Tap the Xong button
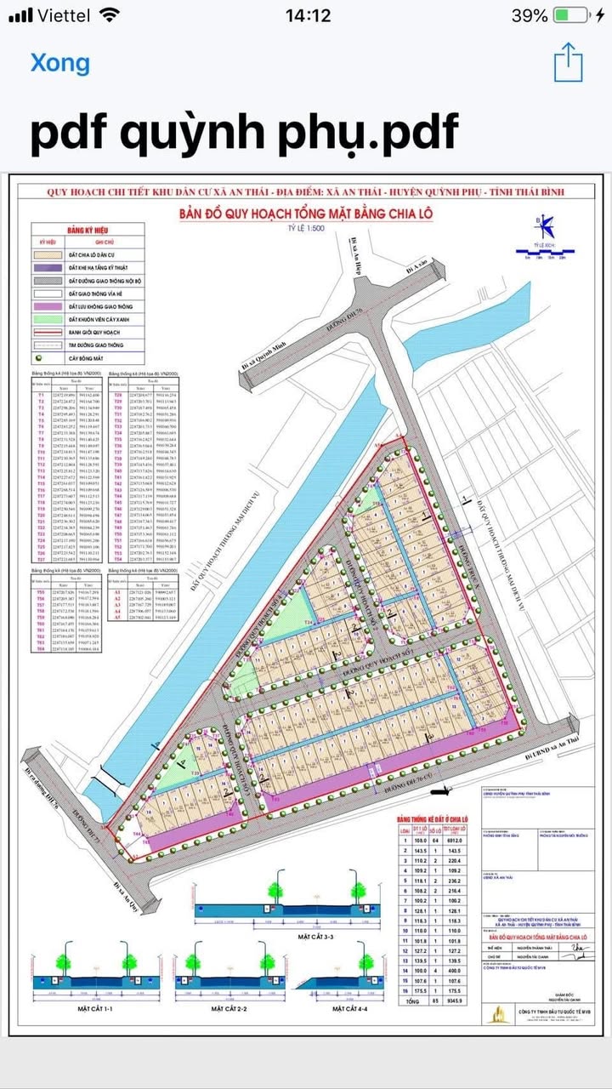59,63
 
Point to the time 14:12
308,15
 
